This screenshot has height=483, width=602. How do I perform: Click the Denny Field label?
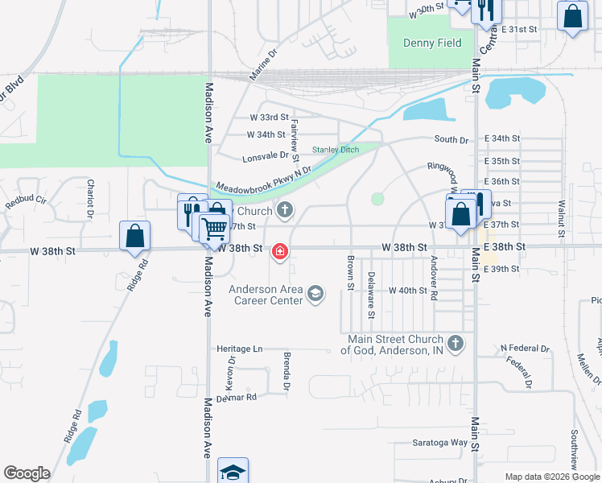tap(426, 43)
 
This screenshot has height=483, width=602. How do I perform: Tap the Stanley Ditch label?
tap(335, 150)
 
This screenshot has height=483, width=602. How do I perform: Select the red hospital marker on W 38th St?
tap(280, 252)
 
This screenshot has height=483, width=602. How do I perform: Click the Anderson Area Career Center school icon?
tap(315, 295)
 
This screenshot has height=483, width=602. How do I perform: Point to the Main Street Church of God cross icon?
tap(455, 344)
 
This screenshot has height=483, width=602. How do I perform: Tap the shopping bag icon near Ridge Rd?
tap(134, 235)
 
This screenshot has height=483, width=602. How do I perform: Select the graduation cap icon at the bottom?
tap(233, 472)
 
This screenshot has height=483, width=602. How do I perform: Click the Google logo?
tap(27, 473)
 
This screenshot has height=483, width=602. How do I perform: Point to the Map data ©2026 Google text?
tap(552, 477)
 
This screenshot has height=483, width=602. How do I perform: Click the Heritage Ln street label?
tap(240, 349)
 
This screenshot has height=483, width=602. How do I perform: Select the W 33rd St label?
tap(268, 118)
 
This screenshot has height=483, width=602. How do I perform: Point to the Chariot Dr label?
tap(91, 198)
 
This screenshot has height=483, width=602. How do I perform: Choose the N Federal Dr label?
tap(525, 349)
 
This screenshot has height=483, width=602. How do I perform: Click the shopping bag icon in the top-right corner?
tap(571, 17)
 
